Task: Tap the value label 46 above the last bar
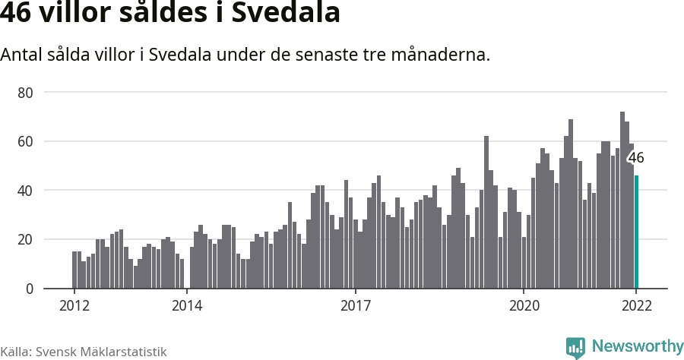(x=635, y=158)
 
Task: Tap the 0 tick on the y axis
(x=30, y=289)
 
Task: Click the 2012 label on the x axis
(x=74, y=306)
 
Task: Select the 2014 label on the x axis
(x=186, y=306)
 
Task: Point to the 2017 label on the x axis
(x=355, y=306)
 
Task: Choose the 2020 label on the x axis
(x=524, y=306)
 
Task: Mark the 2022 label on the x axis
(x=636, y=306)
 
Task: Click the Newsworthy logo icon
(x=575, y=348)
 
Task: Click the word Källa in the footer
(x=15, y=352)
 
